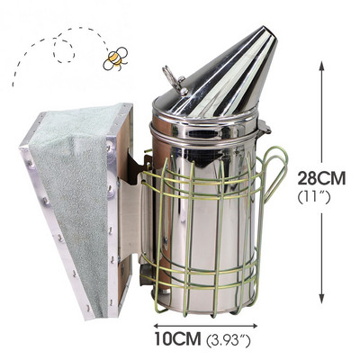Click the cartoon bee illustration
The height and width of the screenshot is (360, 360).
pyautogui.click(x=115, y=58)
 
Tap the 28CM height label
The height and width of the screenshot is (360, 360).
pyautogui.click(x=321, y=178)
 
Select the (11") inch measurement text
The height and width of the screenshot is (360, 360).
pyautogui.click(x=314, y=198)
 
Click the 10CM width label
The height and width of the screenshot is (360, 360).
pyautogui.click(x=177, y=338)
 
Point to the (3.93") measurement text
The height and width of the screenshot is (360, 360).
pyautogui.click(x=229, y=340)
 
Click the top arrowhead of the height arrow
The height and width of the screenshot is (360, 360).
pyautogui.click(x=321, y=66)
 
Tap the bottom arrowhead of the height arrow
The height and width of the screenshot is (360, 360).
pyautogui.click(x=321, y=299)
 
